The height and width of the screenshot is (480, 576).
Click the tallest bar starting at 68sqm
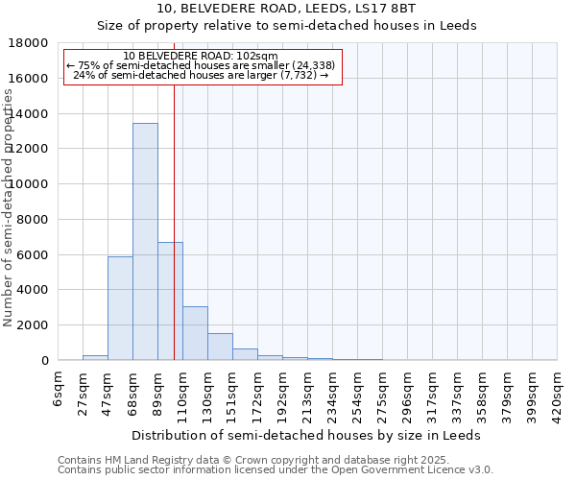pos(145,242)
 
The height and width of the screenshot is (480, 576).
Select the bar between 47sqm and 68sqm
pos(120,308)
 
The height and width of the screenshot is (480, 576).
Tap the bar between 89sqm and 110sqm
pos(170,301)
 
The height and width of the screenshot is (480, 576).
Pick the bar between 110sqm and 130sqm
pos(195,333)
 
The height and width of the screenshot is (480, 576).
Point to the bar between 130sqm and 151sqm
pos(220,347)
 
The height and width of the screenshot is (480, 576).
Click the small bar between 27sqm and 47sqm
pos(95,357)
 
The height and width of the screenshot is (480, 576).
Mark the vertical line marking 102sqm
pos(174,221)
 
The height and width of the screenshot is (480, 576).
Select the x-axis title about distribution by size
pos(308,435)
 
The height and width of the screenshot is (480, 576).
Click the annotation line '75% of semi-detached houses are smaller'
pos(201,65)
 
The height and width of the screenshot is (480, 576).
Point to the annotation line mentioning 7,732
pos(201,75)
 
